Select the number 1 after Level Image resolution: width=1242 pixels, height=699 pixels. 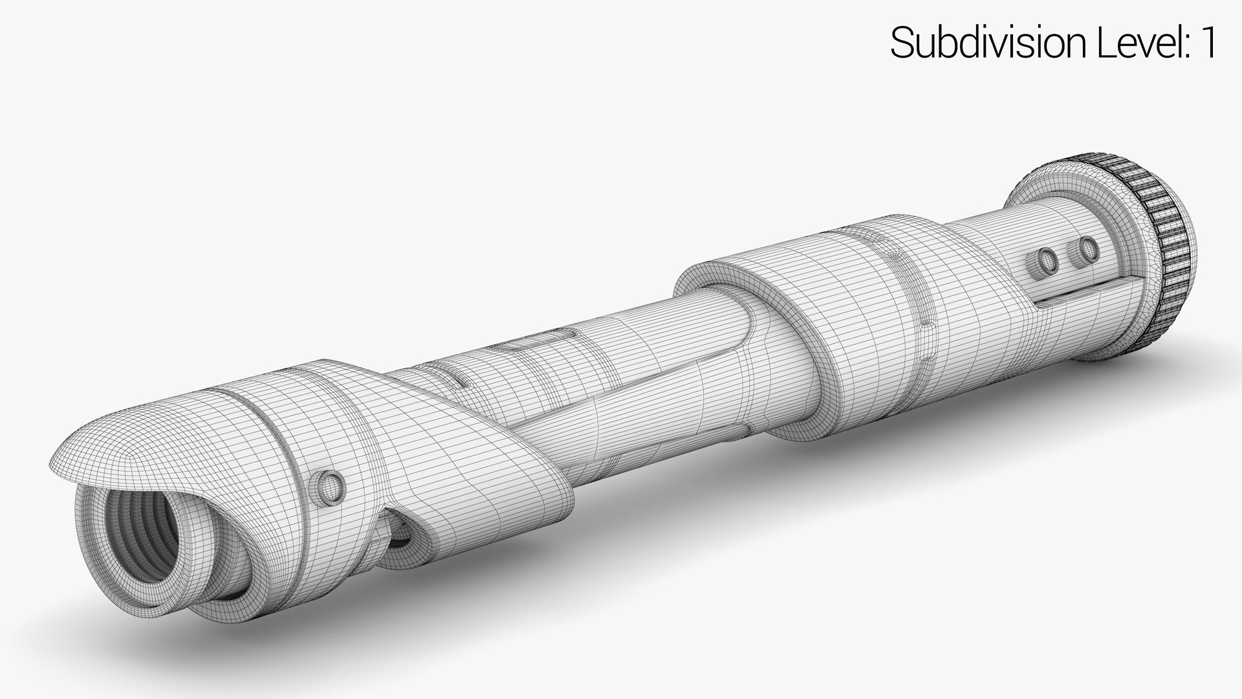point(1207,43)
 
